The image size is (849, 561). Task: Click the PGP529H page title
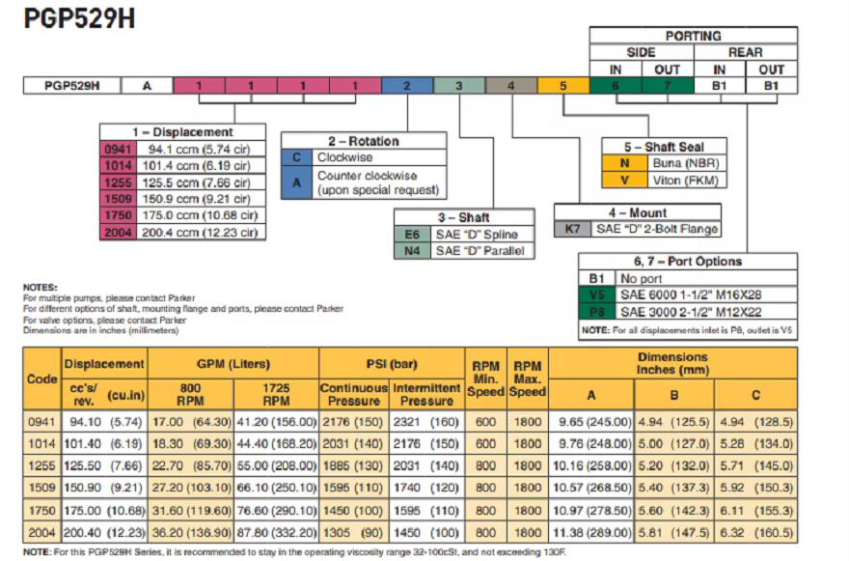point(74,20)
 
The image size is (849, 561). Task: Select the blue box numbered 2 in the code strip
point(406,85)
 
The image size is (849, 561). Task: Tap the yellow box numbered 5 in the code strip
point(562,85)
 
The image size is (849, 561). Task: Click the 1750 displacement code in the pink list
point(115,215)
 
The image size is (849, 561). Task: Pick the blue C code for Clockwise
point(296,157)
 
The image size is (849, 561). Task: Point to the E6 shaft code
point(412,235)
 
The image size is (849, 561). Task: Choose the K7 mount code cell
point(572,229)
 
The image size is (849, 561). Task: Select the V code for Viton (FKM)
point(623,180)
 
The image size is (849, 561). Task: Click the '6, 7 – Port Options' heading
point(688,261)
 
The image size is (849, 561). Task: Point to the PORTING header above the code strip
point(693,36)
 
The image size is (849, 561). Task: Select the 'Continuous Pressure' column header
point(354,394)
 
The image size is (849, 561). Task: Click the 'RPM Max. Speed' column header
point(528,379)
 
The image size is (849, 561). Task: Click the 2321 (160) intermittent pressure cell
point(427,422)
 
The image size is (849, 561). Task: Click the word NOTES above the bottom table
point(40,287)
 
